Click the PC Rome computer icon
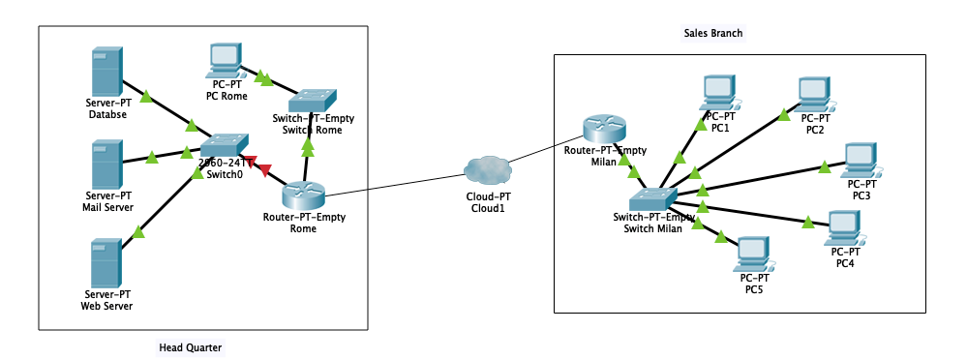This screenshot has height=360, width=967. click(226, 61)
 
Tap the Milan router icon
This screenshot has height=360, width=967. click(604, 129)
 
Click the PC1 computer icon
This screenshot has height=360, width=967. click(720, 93)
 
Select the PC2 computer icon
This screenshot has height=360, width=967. click(814, 94)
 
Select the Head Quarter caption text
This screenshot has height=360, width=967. click(190, 346)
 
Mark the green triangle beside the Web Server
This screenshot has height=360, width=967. click(139, 231)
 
